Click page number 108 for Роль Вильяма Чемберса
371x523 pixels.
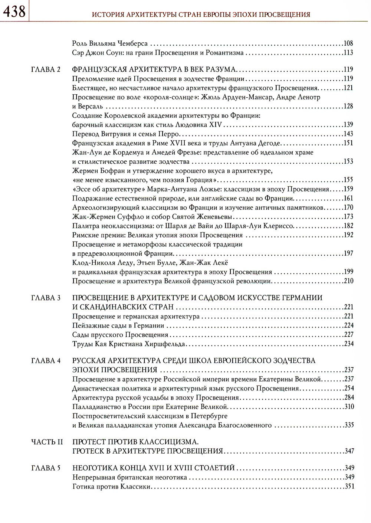pos(348,43)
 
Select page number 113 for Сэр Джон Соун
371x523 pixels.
pos(348,53)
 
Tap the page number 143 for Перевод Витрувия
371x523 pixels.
pos(348,134)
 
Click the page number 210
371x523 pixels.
pos(348,281)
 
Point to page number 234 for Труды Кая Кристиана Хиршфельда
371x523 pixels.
pos(348,344)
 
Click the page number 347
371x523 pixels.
pos(348,451)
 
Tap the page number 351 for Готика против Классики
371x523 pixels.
pos(348,487)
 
